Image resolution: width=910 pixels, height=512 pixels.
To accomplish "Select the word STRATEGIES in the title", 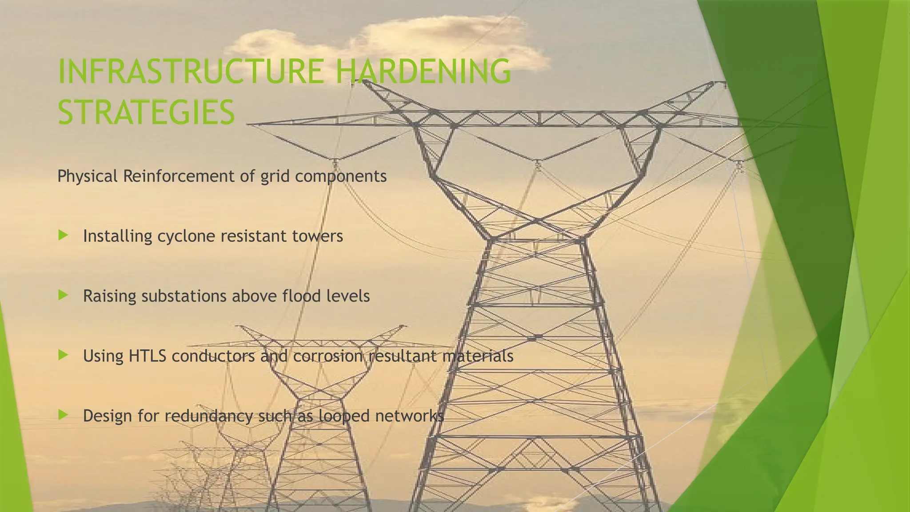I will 146,112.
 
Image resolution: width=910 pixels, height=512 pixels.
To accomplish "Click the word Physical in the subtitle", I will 87,176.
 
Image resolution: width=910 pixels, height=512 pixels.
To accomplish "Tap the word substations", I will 184,296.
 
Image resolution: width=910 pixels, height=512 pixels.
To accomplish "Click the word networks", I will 409,416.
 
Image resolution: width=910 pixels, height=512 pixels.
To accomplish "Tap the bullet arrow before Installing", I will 63,235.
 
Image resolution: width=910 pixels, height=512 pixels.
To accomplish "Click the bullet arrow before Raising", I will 63,295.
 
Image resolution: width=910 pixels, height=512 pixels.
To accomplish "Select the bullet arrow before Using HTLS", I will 63,355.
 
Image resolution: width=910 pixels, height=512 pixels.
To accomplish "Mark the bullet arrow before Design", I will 63,415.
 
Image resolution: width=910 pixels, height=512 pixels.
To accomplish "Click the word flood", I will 302,296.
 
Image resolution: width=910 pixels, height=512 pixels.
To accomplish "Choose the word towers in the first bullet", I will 318,236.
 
